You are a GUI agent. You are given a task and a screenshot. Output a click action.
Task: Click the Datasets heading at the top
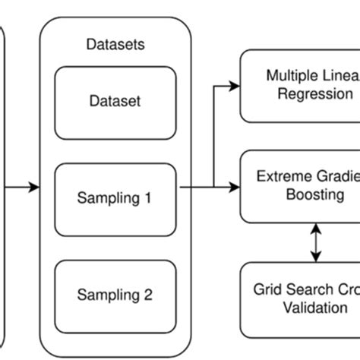coord(115,45)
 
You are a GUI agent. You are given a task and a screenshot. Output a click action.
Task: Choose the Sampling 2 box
coord(115,293)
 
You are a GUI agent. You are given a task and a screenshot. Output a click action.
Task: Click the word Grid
coord(267,290)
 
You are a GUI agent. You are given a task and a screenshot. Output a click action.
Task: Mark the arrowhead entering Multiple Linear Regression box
coord(235,86)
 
